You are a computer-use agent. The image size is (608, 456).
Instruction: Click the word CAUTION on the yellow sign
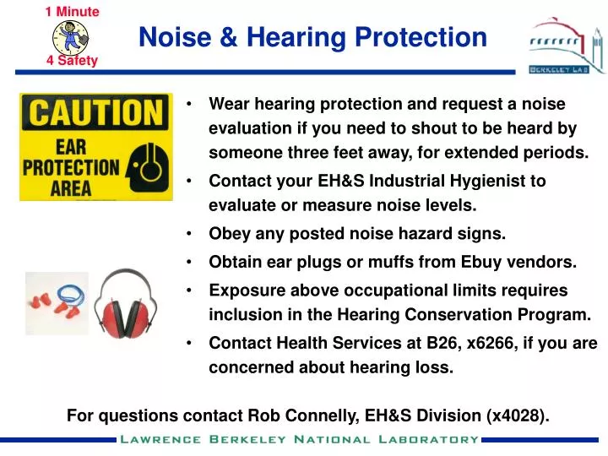[x=95, y=112]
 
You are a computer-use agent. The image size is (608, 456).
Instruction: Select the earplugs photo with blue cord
[x=57, y=303]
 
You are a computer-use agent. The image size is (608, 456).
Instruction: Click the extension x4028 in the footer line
[x=516, y=415]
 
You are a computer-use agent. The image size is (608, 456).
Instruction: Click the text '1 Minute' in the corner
[x=73, y=12]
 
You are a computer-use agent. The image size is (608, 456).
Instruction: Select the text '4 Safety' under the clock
[x=73, y=61]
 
